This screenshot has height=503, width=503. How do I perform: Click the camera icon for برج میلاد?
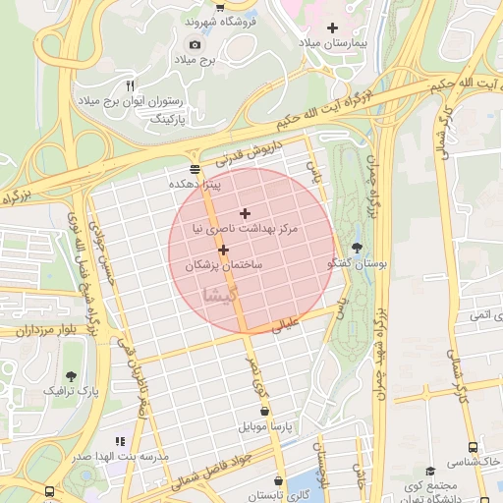[x=195, y=44]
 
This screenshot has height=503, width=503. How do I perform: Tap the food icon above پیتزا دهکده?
[x=195, y=168]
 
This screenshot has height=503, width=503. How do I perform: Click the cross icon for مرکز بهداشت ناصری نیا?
[x=245, y=213]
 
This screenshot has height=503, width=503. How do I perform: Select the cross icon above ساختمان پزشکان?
[x=224, y=251]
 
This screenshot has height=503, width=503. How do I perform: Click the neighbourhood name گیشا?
[x=218, y=294]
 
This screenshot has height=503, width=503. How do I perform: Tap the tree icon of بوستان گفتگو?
[x=356, y=249]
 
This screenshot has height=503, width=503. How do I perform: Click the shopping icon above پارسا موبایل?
[x=263, y=412]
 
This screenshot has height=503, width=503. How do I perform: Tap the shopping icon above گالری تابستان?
[x=280, y=481]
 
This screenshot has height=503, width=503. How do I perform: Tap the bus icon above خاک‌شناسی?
[x=474, y=445]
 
